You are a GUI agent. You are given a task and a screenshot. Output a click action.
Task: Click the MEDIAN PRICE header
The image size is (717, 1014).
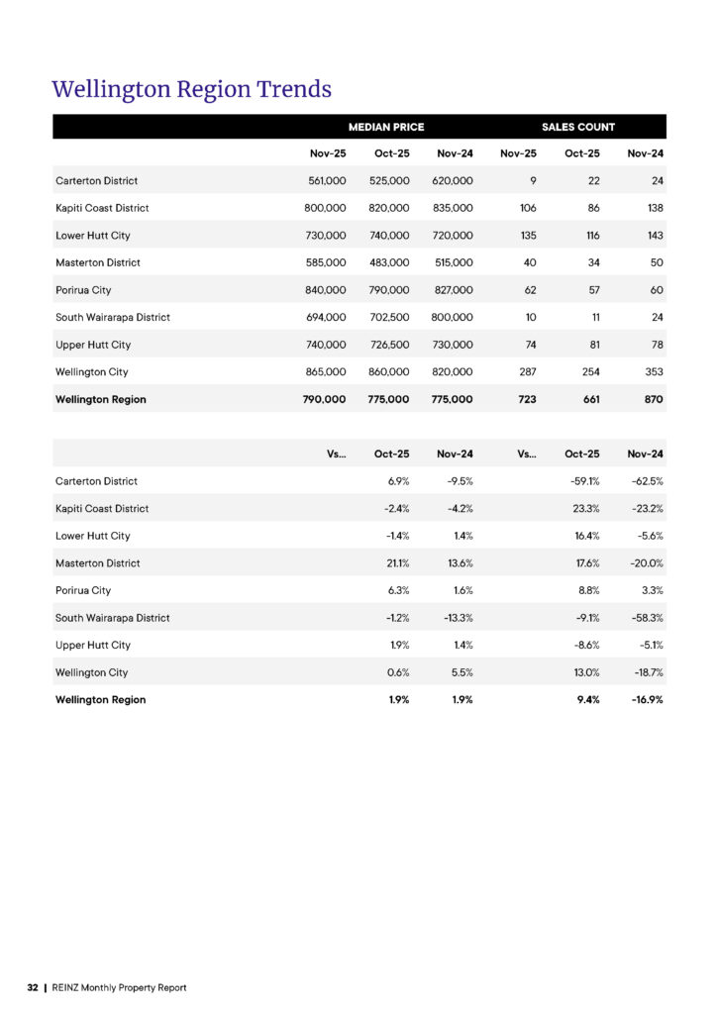385,127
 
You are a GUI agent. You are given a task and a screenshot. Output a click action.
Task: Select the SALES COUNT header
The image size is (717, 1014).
577,127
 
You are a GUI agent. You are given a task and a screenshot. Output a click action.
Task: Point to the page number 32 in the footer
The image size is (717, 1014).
33,987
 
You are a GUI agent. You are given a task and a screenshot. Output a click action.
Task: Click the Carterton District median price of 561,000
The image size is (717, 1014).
327,181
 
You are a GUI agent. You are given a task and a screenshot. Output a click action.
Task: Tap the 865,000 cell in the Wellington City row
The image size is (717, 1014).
327,372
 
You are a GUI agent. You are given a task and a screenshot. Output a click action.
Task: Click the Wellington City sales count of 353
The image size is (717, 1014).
654,372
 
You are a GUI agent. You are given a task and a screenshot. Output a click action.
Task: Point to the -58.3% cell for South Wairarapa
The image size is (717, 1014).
648,618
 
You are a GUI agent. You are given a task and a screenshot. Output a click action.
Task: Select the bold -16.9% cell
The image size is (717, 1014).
647,699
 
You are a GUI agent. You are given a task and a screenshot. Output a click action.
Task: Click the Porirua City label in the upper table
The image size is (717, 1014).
83,290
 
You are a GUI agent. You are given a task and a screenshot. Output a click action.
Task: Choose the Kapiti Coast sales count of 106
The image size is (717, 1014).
527,208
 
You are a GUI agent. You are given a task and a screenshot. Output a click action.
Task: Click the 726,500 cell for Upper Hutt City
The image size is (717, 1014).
390,345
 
